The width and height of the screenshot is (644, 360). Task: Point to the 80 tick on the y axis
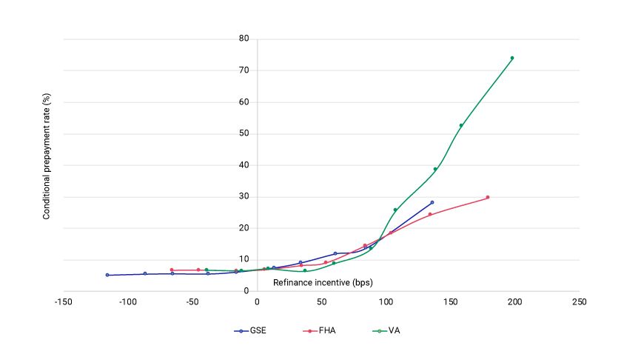[243, 39]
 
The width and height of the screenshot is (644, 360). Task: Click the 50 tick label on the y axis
[243, 134]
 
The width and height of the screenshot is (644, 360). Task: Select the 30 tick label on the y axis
[243, 197]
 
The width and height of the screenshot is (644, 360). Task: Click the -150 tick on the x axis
[64, 302]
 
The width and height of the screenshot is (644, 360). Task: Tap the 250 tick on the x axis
[580, 302]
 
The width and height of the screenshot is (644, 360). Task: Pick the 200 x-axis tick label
[515, 302]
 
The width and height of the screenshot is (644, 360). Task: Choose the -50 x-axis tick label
[192, 302]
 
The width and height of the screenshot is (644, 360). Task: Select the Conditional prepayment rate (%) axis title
[46, 164]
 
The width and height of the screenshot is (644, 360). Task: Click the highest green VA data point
[511, 58]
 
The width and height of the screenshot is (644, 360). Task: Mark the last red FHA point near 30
[488, 197]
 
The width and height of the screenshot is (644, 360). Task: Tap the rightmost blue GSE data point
[432, 202]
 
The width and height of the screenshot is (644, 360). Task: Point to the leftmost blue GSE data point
[107, 275]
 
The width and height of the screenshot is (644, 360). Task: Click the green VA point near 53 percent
[461, 125]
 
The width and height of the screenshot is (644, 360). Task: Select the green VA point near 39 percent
[435, 169]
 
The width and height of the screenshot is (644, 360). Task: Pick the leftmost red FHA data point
[172, 270]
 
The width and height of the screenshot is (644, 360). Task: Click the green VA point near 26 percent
[395, 210]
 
